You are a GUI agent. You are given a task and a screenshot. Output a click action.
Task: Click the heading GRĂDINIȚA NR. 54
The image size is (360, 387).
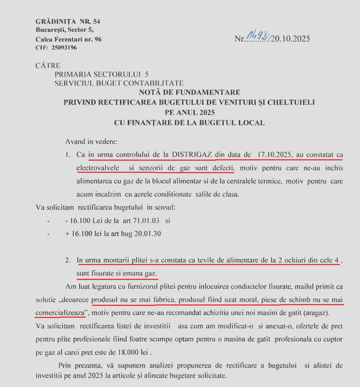tap(68, 21)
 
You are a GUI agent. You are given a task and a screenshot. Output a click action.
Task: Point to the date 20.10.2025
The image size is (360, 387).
tap(292, 39)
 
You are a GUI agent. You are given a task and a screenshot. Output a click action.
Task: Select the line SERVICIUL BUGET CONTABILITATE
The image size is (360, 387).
tap(119, 83)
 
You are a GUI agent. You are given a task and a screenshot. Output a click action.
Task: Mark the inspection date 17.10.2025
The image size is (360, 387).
tap(273, 155)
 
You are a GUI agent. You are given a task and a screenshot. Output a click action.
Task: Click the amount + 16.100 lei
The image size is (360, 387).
tap(87, 234)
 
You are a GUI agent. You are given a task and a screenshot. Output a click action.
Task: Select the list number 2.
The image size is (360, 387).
tap(68, 260)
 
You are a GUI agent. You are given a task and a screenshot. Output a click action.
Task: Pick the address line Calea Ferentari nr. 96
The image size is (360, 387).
tap(68, 39)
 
